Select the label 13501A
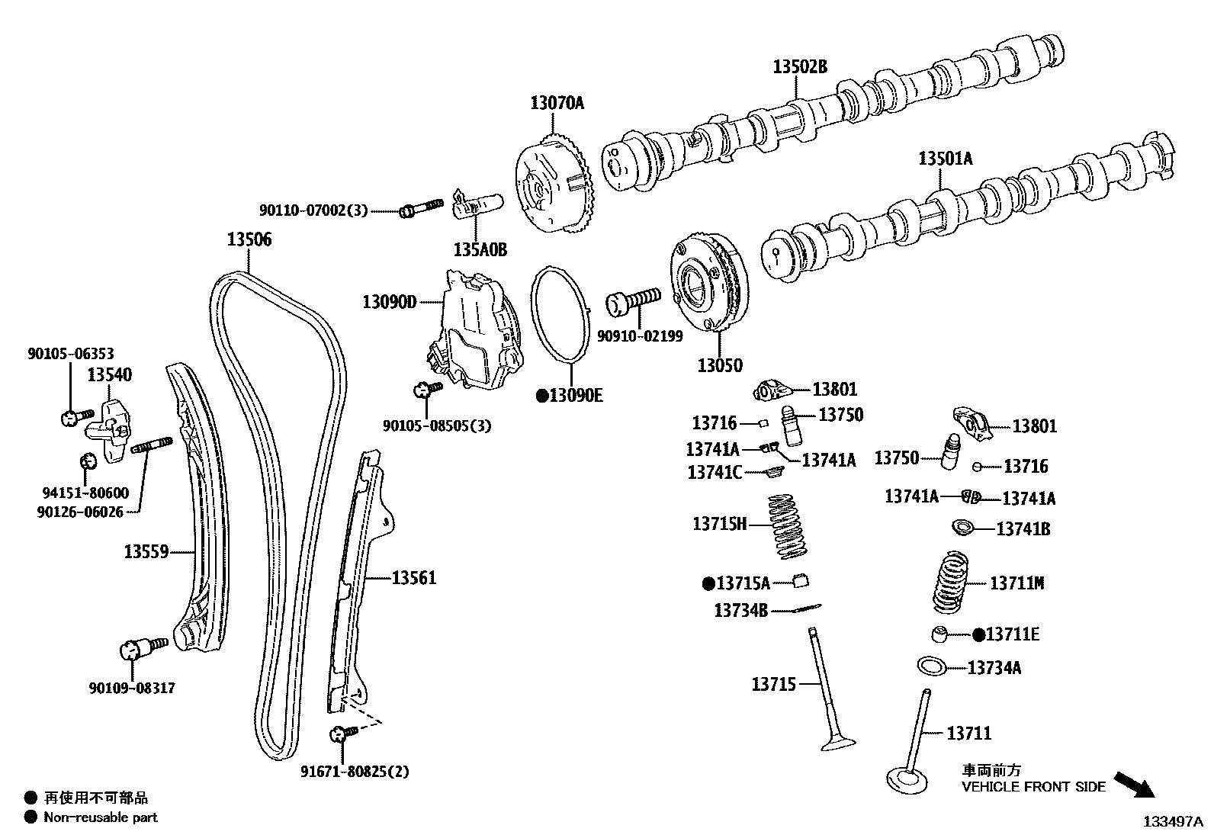coord(945,159)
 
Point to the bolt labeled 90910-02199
coord(632,301)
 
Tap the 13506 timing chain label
coord(249,240)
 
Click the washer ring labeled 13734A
coord(931,666)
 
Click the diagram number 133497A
coord(1171,822)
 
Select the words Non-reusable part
coord(100,817)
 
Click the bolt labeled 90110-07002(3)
coord(420,208)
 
